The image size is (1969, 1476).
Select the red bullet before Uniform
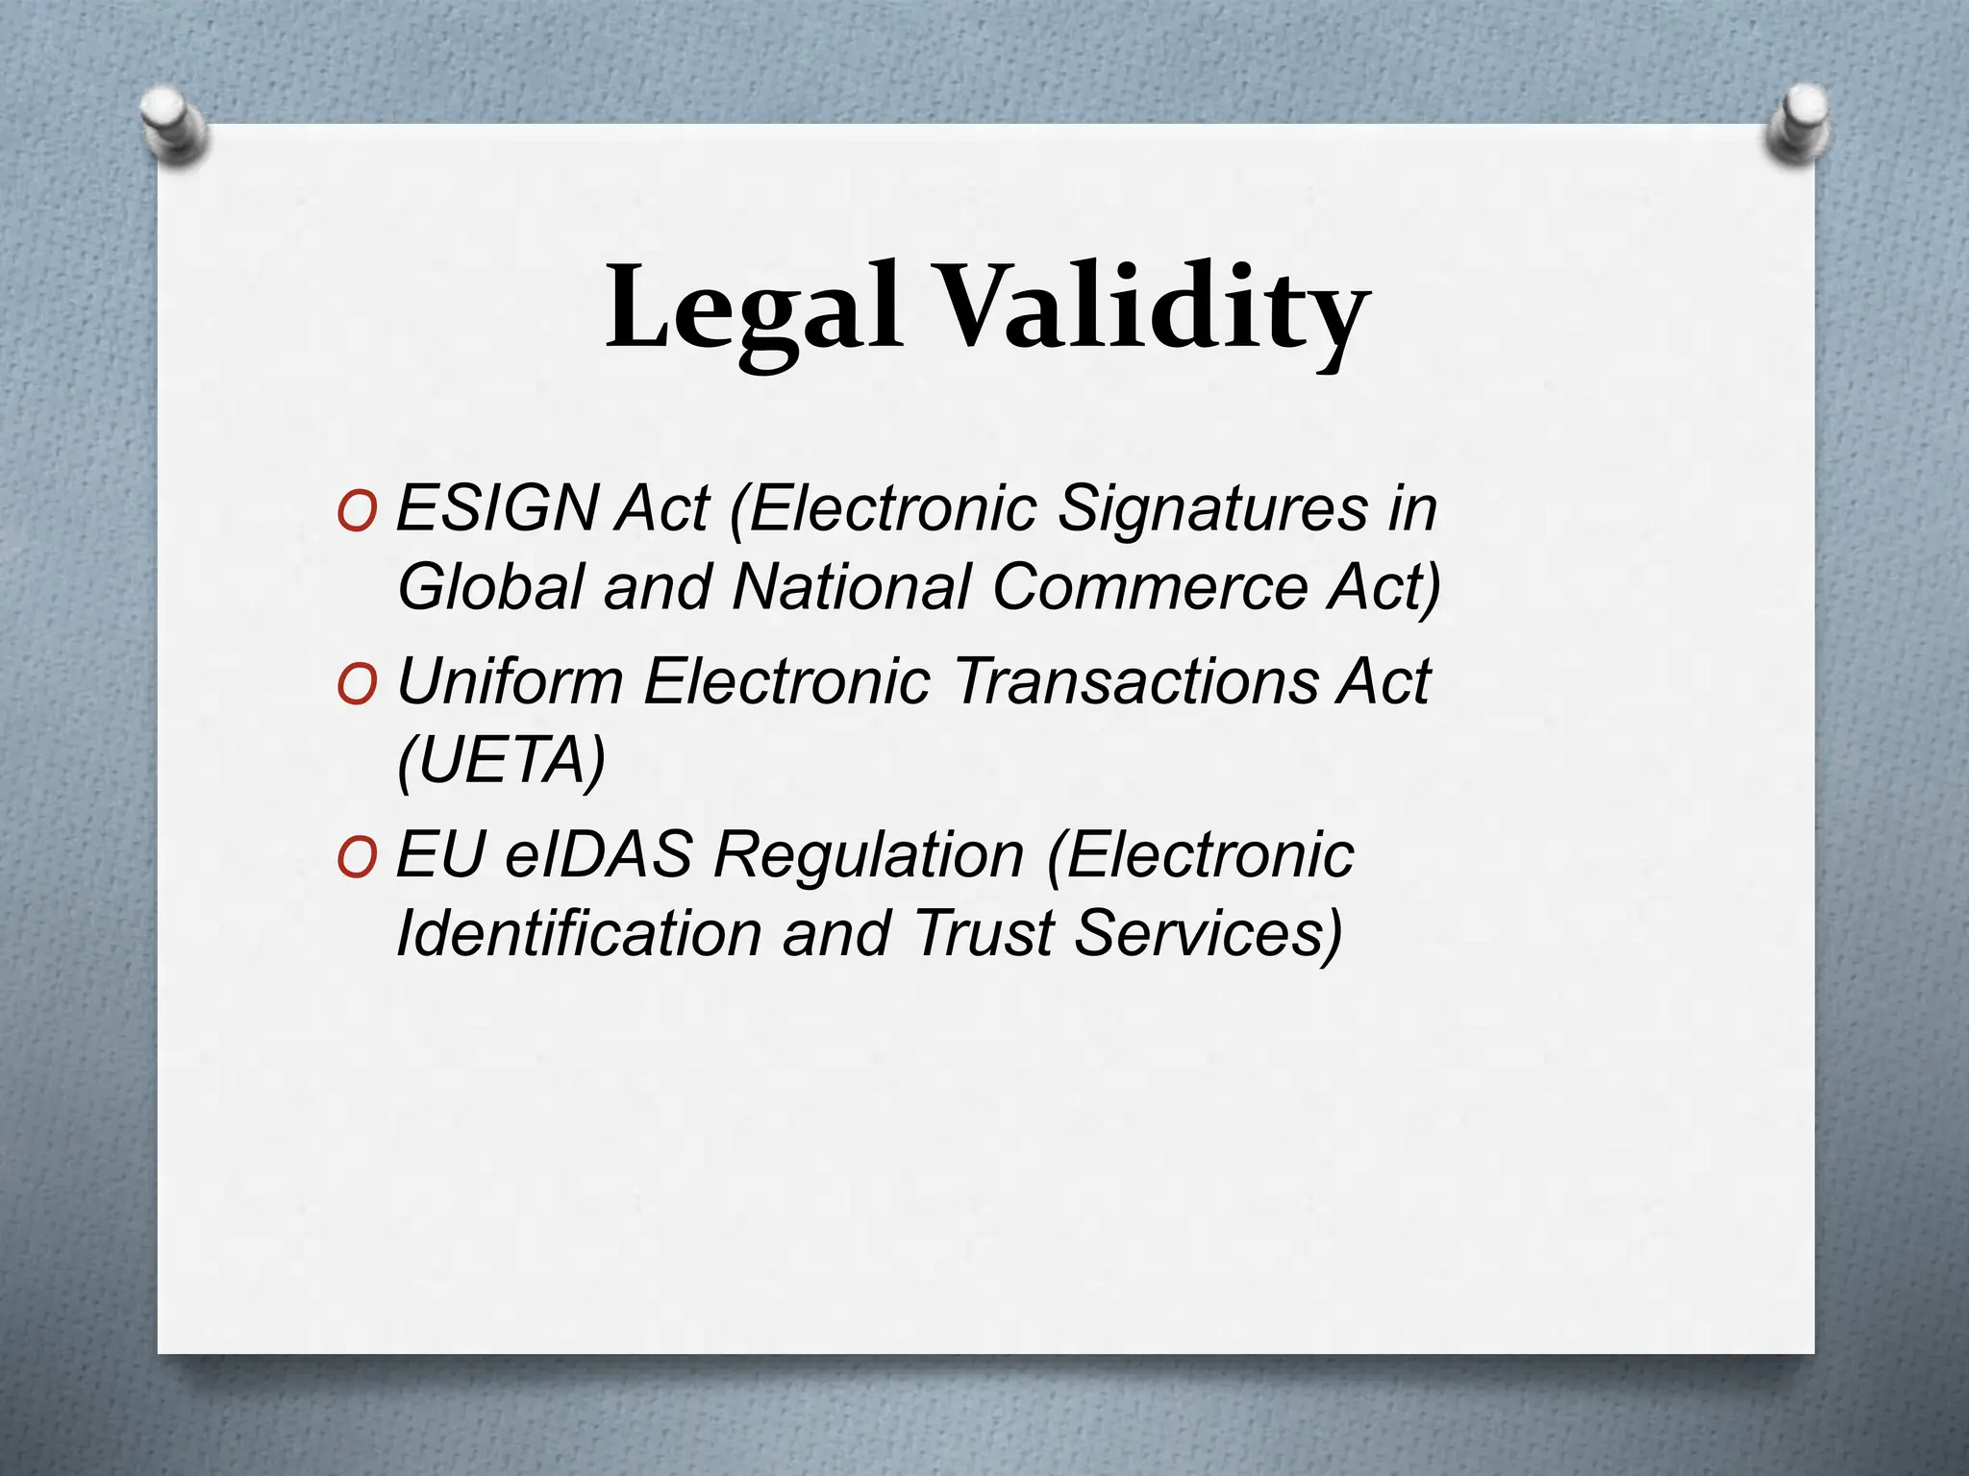(357, 686)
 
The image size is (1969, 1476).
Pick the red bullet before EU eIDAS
(357, 859)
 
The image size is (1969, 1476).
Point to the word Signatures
(1211, 509)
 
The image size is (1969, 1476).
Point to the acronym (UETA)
(501, 761)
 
